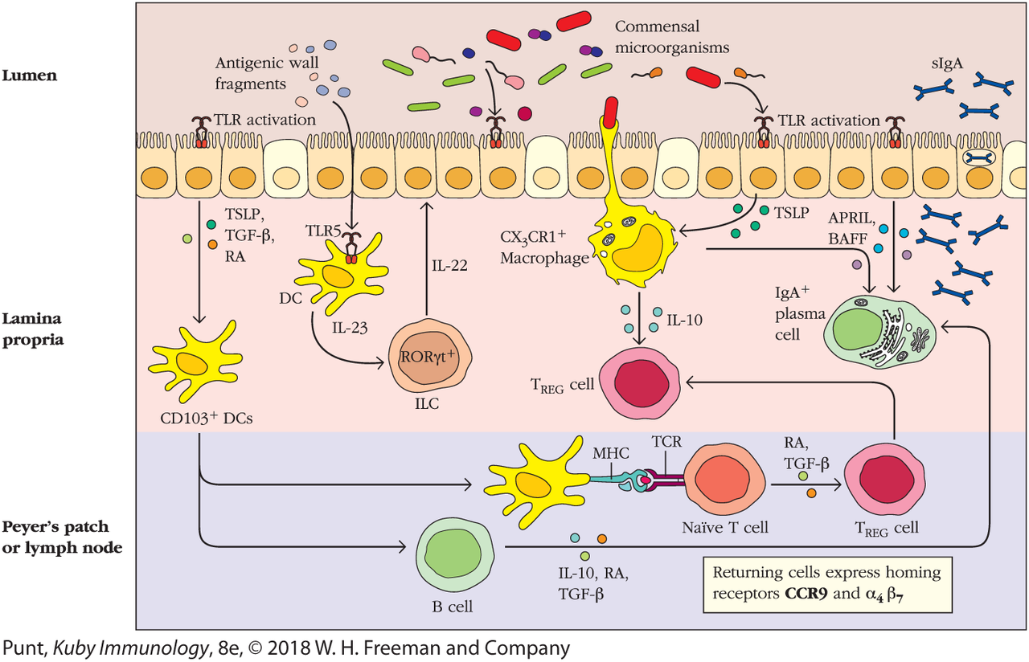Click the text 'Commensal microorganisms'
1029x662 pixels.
(673, 39)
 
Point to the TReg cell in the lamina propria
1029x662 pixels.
(639, 384)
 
